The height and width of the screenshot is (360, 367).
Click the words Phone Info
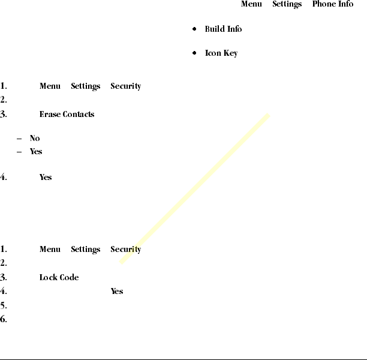pos(332,4)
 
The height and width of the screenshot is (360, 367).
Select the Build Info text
pos(223,29)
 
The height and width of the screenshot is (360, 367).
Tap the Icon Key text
pos(221,53)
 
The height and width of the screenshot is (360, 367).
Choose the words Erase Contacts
pos(67,114)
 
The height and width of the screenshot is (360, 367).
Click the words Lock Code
pos(59,277)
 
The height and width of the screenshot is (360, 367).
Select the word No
pos(35,138)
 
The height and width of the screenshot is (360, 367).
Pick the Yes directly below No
pos(36,152)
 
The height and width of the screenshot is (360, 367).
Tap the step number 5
pos(4,305)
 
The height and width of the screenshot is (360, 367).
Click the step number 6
pos(4,319)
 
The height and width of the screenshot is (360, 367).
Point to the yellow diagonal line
pos(195,188)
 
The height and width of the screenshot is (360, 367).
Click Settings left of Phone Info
pos(287,4)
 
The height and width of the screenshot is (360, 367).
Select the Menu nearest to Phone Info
pos(251,4)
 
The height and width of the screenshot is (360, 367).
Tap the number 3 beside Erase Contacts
pos(4,114)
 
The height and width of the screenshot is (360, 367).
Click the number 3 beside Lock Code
pos(4,277)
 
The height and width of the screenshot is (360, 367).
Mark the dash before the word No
pos(20,139)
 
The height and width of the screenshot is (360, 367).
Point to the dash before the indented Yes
pos(20,152)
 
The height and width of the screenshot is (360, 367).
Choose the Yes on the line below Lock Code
pos(117,291)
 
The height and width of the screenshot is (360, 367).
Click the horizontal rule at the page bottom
pos(183,359)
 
